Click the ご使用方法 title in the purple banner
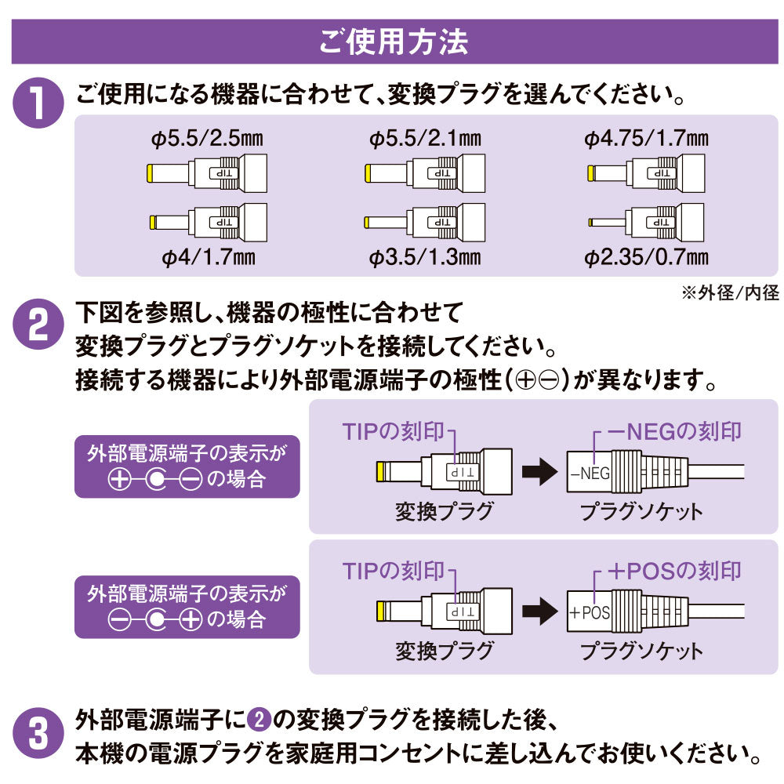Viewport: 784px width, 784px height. (393, 42)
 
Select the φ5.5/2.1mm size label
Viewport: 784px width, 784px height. (425, 140)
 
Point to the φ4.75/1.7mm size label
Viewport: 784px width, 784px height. (646, 140)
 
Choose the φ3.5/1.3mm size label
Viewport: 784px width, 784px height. (425, 256)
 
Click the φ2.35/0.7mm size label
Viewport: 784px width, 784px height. (646, 256)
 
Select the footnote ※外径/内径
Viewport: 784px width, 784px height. (730, 292)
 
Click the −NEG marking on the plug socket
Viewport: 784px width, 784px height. (590, 474)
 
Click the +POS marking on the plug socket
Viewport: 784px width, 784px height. (590, 612)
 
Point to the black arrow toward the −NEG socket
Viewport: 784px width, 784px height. (537, 473)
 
